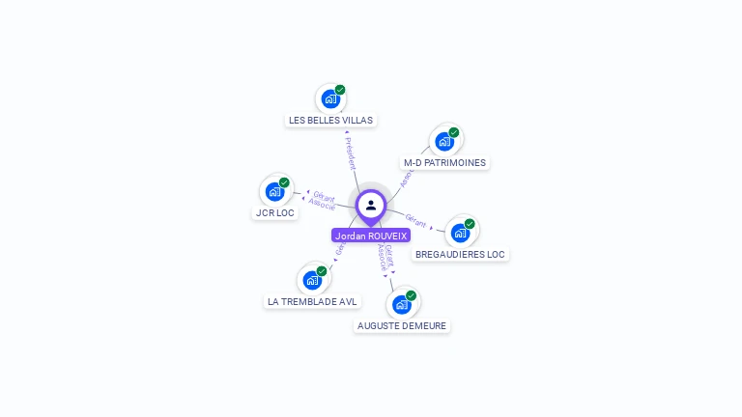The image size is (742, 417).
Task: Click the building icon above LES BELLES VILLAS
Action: click(330, 98)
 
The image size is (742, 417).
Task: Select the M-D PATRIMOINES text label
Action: click(444, 163)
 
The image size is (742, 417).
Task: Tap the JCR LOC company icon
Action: click(275, 191)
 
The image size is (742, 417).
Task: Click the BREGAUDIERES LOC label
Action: click(460, 255)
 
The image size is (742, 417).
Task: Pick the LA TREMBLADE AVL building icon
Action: click(312, 280)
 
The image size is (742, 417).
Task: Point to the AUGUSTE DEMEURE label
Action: click(402, 326)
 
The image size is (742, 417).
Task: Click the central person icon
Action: click(371, 205)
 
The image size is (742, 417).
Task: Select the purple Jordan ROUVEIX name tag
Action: click(371, 236)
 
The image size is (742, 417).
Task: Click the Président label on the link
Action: click(351, 153)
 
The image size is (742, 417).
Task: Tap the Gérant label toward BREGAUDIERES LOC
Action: click(416, 220)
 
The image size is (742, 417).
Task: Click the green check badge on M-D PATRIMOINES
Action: click(454, 132)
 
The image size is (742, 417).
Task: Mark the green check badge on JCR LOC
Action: click(284, 182)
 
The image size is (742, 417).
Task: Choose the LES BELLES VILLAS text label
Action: click(330, 121)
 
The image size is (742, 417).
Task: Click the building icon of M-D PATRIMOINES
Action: click(444, 141)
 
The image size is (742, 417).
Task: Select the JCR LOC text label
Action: click(275, 213)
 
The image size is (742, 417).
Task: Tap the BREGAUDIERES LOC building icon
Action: click(460, 232)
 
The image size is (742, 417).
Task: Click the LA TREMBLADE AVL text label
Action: click(312, 302)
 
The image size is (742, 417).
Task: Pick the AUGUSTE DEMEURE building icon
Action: click(402, 304)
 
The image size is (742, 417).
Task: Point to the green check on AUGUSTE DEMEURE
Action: click(412, 295)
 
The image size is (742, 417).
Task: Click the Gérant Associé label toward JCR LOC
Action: click(323, 201)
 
